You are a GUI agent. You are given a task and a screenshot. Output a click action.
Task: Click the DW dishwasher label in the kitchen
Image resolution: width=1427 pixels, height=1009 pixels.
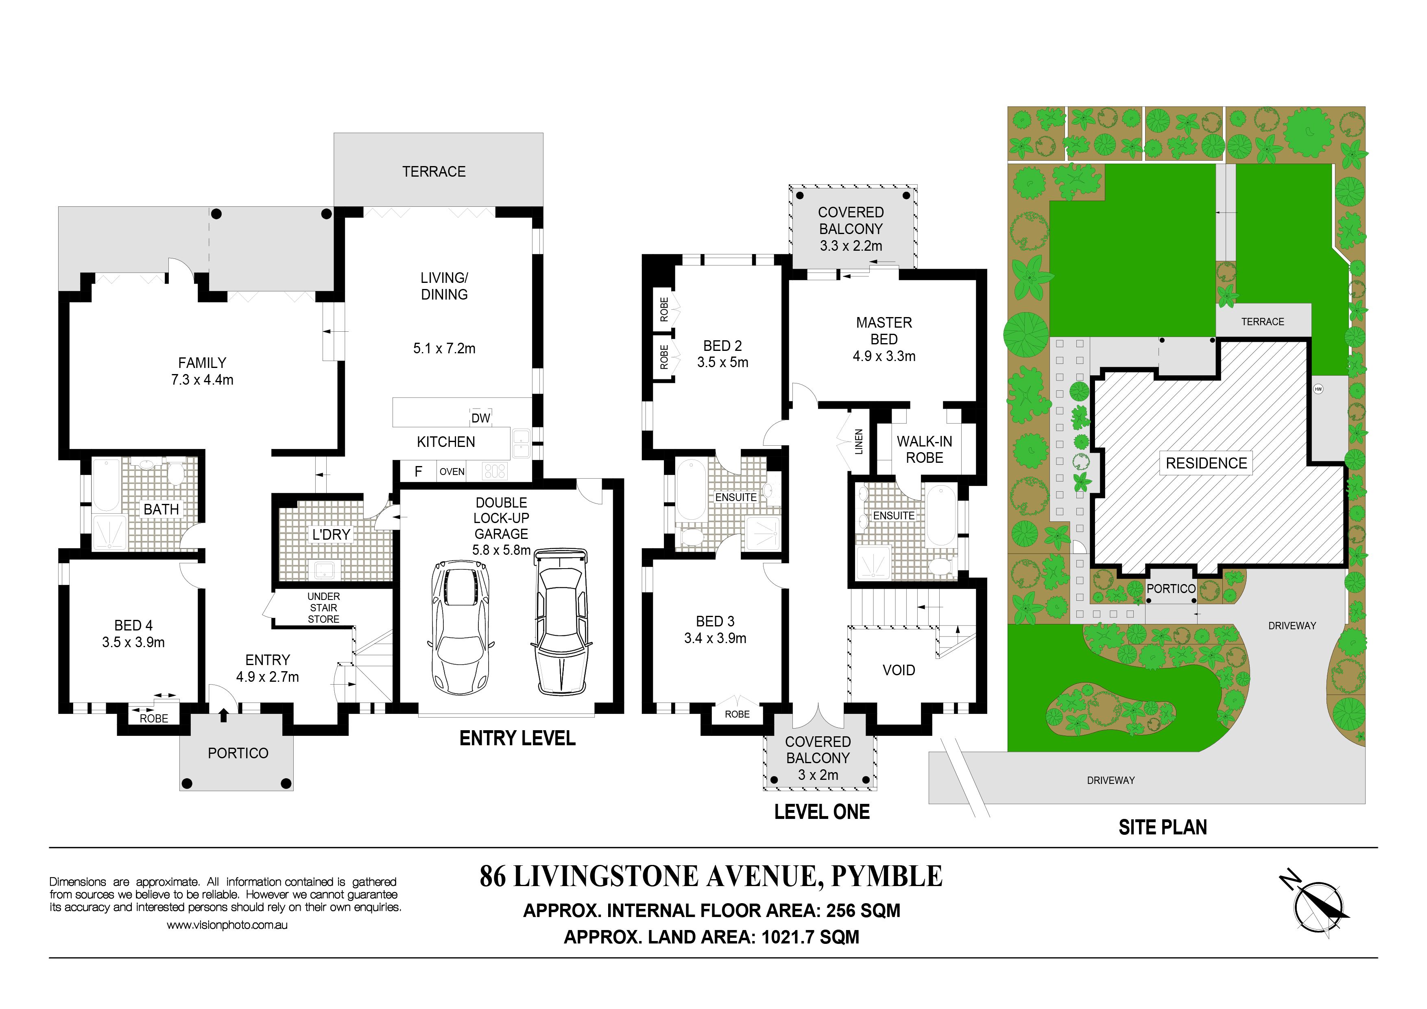pyautogui.click(x=480, y=418)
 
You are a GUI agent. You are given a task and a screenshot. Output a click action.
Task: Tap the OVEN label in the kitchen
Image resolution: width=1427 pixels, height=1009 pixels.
pyautogui.click(x=452, y=472)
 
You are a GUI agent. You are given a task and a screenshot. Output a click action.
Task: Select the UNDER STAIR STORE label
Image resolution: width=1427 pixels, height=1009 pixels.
pyautogui.click(x=324, y=607)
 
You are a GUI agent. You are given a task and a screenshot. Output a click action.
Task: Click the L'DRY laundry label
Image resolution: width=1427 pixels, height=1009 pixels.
pyautogui.click(x=331, y=535)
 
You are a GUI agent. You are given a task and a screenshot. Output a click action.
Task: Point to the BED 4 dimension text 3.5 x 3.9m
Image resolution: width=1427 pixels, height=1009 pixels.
pyautogui.click(x=133, y=642)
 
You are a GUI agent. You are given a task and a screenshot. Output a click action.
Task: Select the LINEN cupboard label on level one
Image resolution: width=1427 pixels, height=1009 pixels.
pyautogui.click(x=858, y=441)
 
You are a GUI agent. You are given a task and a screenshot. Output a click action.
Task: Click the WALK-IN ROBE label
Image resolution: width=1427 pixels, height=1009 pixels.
pyautogui.click(x=924, y=449)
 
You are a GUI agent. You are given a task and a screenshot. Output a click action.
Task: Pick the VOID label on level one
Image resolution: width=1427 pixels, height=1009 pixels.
pyautogui.click(x=899, y=670)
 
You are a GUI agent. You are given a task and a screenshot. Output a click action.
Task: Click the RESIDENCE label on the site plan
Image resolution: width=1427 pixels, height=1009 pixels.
pyautogui.click(x=1207, y=463)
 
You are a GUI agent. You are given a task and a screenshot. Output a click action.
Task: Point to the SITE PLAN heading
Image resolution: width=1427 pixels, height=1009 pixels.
pyautogui.click(x=1163, y=827)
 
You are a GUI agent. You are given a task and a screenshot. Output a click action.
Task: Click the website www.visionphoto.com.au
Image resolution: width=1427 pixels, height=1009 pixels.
pyautogui.click(x=227, y=925)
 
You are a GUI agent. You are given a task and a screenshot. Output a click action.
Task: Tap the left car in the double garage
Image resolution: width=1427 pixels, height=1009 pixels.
pyautogui.click(x=460, y=628)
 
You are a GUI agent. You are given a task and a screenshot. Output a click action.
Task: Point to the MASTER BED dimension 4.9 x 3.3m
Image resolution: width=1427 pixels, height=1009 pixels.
pyautogui.click(x=884, y=356)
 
